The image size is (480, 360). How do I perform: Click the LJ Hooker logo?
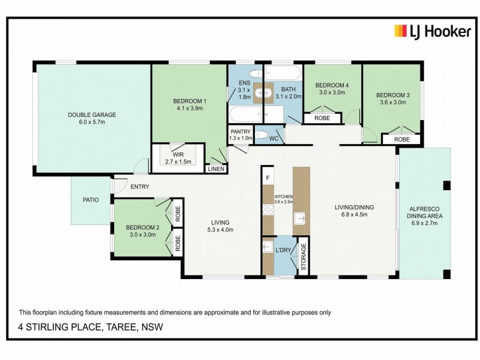coord(433,32)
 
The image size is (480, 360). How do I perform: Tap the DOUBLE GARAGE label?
coord(92,115)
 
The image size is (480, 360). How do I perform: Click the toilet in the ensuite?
coord(256,73)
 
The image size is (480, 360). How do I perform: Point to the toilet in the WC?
coord(261,134)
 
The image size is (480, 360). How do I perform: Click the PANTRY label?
coord(241,131)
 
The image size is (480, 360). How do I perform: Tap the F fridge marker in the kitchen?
coord(268,178)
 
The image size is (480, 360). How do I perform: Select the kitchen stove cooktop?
coord(268,210)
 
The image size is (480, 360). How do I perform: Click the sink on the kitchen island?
coord(300,219)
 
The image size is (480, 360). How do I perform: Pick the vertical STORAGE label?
coord(304,257)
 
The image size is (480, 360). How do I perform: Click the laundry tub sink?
coord(268,247)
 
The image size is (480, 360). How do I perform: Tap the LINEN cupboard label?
coord(216,169)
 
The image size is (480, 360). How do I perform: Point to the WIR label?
coord(178,155)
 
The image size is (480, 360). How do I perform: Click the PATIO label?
coord(91,200)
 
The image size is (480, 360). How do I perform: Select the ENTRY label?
coord(140,187)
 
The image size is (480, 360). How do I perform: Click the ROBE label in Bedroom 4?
coord(322,118)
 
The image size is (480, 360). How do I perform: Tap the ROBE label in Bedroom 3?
coord(402,139)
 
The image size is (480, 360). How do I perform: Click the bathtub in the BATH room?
coord(283,73)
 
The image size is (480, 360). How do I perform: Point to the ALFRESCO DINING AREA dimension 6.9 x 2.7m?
coord(425,223)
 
